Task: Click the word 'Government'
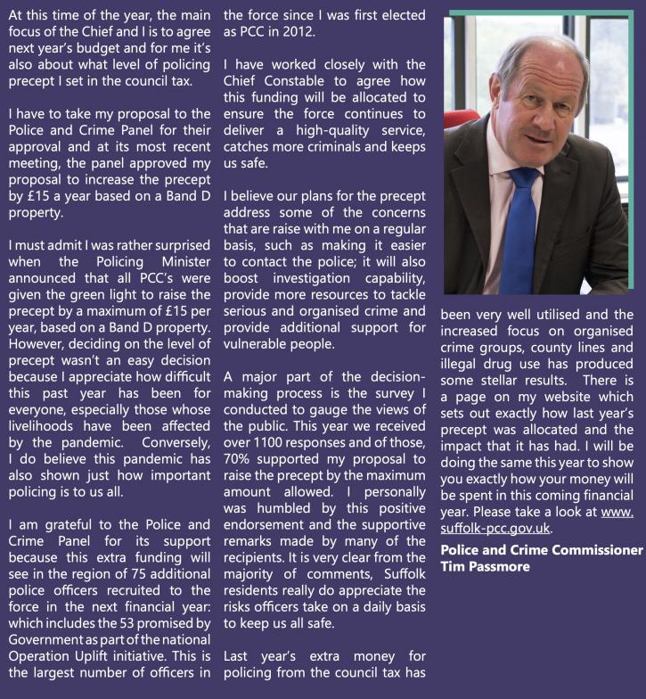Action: click(39, 654)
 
